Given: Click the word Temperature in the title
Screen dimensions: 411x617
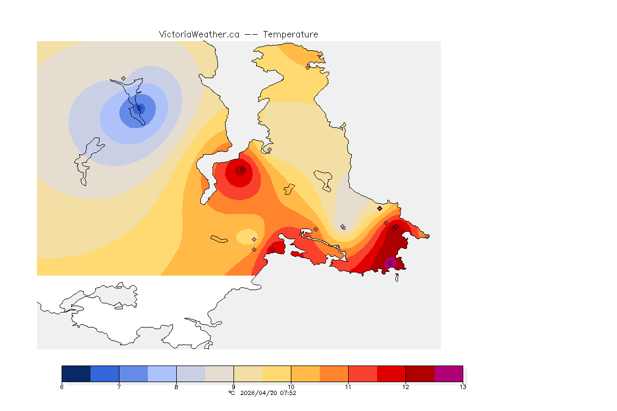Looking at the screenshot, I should [x=290, y=34].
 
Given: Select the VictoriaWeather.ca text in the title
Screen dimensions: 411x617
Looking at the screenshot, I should [x=199, y=34].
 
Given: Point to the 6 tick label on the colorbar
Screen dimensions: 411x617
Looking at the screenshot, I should [x=62, y=387].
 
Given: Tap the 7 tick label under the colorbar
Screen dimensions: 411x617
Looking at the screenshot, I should [x=119, y=387].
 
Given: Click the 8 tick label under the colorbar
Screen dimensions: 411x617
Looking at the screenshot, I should [x=176, y=387].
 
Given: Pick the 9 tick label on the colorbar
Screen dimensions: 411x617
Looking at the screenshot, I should [x=234, y=387].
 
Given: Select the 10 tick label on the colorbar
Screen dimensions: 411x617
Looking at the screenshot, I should [x=291, y=387].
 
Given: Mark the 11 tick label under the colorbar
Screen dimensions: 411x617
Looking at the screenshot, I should [x=348, y=387].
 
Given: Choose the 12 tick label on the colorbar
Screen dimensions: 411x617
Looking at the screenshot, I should [x=405, y=387].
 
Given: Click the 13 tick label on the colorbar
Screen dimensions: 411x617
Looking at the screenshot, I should [x=463, y=387].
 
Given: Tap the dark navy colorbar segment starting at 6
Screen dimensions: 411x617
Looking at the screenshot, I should [x=76, y=374].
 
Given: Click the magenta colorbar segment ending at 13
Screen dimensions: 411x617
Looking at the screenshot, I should [x=448, y=374].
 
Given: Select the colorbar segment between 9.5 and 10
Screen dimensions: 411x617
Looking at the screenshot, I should [x=276, y=374].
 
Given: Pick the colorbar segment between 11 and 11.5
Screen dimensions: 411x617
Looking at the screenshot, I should [x=363, y=374].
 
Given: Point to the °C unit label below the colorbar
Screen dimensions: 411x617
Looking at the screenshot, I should [x=231, y=393].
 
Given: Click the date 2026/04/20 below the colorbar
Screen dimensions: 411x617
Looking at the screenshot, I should [x=260, y=393].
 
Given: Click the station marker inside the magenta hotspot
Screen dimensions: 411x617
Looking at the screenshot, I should [x=390, y=263].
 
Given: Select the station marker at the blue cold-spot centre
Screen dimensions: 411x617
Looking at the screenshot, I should [x=139, y=108].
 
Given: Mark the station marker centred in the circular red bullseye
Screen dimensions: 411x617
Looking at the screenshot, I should [x=242, y=169].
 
